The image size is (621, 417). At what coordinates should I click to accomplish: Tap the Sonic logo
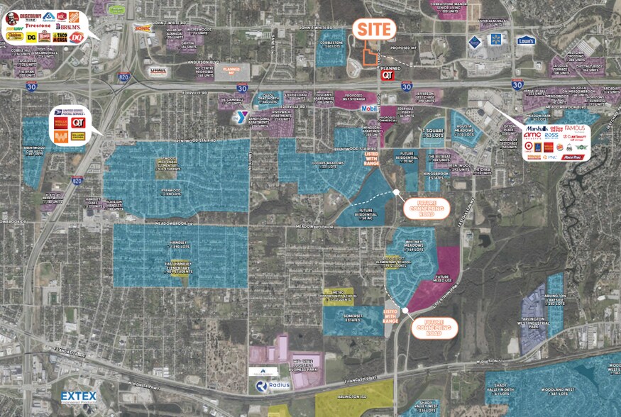pos(143,28)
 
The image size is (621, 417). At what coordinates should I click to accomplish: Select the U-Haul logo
pos(158,70)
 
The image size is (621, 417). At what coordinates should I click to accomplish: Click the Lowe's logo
pos(526,40)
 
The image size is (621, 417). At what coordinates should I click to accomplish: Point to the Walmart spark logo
pos(495,39)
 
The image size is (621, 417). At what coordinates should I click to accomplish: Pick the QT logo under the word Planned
pos(388,74)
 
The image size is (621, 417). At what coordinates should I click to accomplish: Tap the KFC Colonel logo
pos(11,17)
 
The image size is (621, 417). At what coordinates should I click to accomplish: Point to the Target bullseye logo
pos(527,148)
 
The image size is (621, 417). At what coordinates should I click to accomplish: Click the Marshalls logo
pos(537,128)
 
